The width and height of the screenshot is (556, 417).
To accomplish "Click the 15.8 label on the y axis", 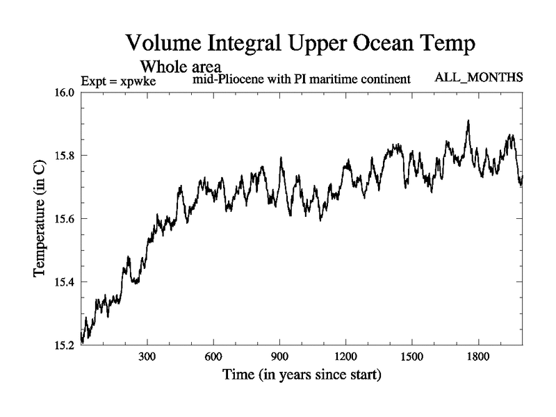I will (65, 156).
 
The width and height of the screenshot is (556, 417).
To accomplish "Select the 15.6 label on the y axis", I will (65, 219).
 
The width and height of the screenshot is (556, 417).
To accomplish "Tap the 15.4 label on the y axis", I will (65, 281).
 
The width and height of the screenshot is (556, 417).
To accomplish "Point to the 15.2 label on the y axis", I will (65, 345).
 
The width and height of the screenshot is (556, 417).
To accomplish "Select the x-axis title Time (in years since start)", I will (302, 376).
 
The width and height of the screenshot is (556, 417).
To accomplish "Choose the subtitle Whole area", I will (181, 67).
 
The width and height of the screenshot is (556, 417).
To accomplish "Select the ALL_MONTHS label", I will (478, 77).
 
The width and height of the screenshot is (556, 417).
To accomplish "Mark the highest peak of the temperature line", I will (468, 121).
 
